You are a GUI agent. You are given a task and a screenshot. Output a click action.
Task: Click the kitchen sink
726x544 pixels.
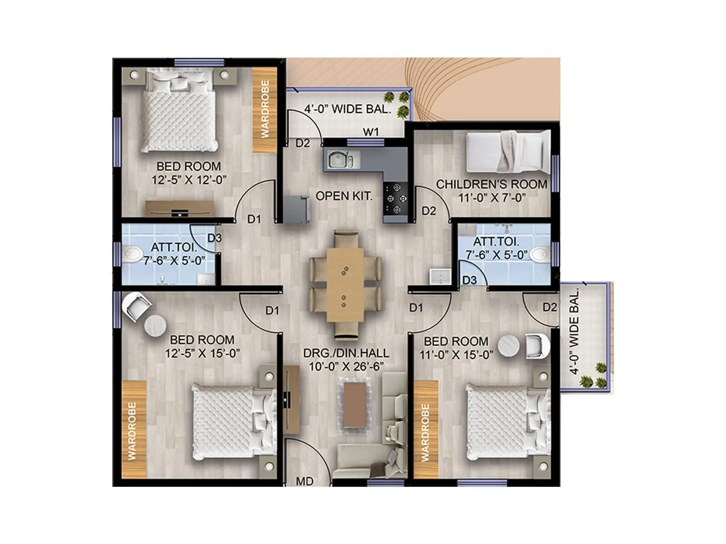coord(338,160)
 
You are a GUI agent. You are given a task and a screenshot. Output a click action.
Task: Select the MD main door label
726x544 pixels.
coord(304,481)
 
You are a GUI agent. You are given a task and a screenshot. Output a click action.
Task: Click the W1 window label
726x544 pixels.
coord(371,132)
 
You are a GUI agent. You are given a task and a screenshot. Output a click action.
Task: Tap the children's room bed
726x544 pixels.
coord(508,153)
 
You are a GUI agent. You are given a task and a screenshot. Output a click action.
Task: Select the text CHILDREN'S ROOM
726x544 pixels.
coord(491,185)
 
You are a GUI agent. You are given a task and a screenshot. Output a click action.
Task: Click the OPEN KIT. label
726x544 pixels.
coord(344,196)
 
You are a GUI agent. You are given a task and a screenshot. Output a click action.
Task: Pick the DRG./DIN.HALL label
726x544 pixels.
coord(346,353)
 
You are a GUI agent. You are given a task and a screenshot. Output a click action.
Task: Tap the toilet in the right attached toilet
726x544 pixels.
coord(540,254)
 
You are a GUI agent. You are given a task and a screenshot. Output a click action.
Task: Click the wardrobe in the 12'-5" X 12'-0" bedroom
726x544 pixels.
coord(265,110)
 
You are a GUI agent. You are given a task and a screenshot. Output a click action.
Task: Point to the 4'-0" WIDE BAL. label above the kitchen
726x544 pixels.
coord(348,109)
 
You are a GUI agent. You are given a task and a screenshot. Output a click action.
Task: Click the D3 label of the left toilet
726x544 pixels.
coord(215,238)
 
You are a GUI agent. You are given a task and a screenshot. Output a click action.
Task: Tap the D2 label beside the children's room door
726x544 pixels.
coord(429,211)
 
